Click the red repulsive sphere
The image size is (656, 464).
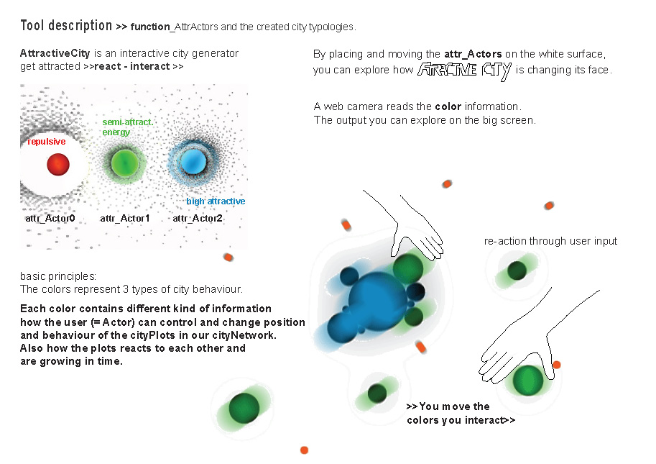point(58,164)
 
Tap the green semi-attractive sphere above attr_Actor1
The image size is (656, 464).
point(125,163)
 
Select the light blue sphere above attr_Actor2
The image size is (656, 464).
point(193,162)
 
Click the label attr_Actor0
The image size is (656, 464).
point(50,218)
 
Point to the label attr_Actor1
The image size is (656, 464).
point(125,218)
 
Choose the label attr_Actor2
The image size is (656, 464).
point(198,218)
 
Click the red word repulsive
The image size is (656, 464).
point(47,142)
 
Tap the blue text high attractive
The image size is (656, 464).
point(216,201)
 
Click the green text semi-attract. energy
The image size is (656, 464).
point(128,127)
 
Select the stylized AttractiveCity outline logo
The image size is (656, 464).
point(464,70)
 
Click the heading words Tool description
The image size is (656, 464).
point(66,26)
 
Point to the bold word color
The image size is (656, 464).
point(448,106)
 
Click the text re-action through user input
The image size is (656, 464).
point(550,241)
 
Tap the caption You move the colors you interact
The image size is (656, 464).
point(461,414)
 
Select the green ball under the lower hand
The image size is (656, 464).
point(528,381)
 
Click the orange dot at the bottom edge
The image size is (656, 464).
point(304,450)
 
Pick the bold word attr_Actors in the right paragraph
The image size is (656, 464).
point(473,54)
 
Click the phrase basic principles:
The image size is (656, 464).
point(58,276)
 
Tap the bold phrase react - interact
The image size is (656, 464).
point(132,66)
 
